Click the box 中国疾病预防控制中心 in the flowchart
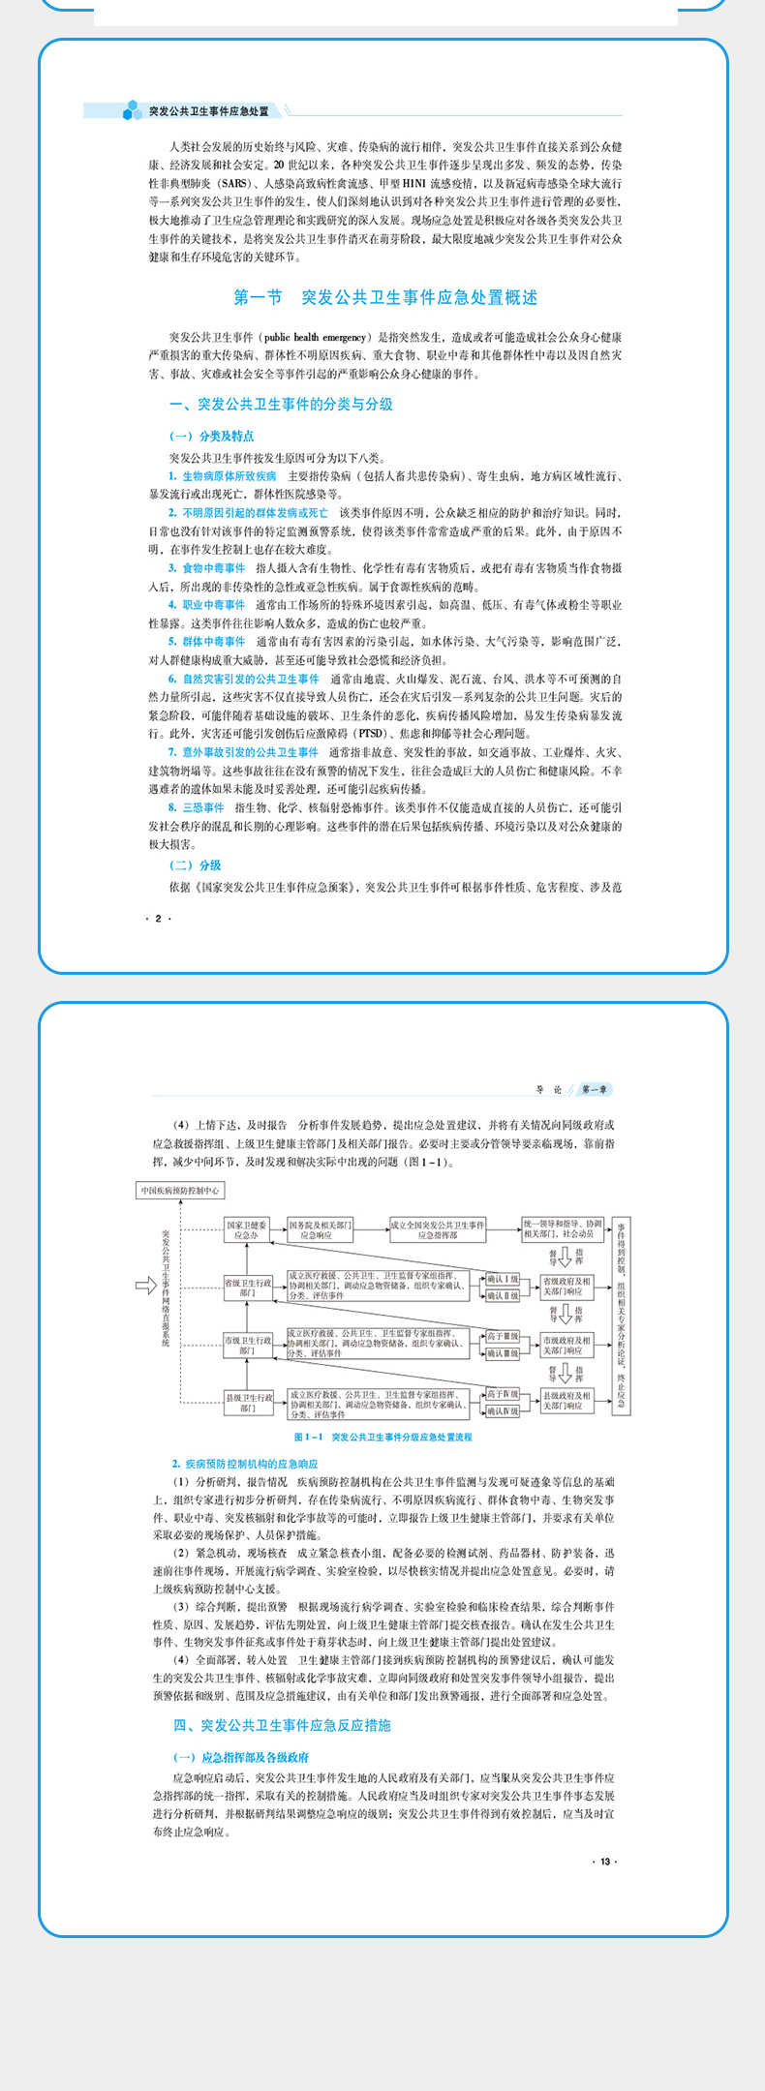click(x=180, y=1190)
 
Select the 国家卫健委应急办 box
click(x=246, y=1229)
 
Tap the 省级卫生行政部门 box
click(x=248, y=1288)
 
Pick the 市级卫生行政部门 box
click(x=248, y=1345)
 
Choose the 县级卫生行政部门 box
click(x=248, y=1402)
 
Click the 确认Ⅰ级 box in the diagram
click(x=503, y=1279)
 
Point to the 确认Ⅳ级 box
click(x=503, y=1410)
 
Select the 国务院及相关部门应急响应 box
click(x=321, y=1229)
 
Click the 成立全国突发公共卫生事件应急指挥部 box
click(x=438, y=1229)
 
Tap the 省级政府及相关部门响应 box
click(x=566, y=1287)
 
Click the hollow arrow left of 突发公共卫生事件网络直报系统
click(x=145, y=1286)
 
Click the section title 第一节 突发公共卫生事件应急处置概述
click(x=385, y=297)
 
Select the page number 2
click(x=158, y=918)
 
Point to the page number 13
click(x=604, y=1861)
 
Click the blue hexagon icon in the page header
click(x=132, y=111)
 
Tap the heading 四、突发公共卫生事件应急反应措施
click(x=282, y=1725)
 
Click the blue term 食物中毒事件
click(x=213, y=568)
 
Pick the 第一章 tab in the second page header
click(x=595, y=1090)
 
